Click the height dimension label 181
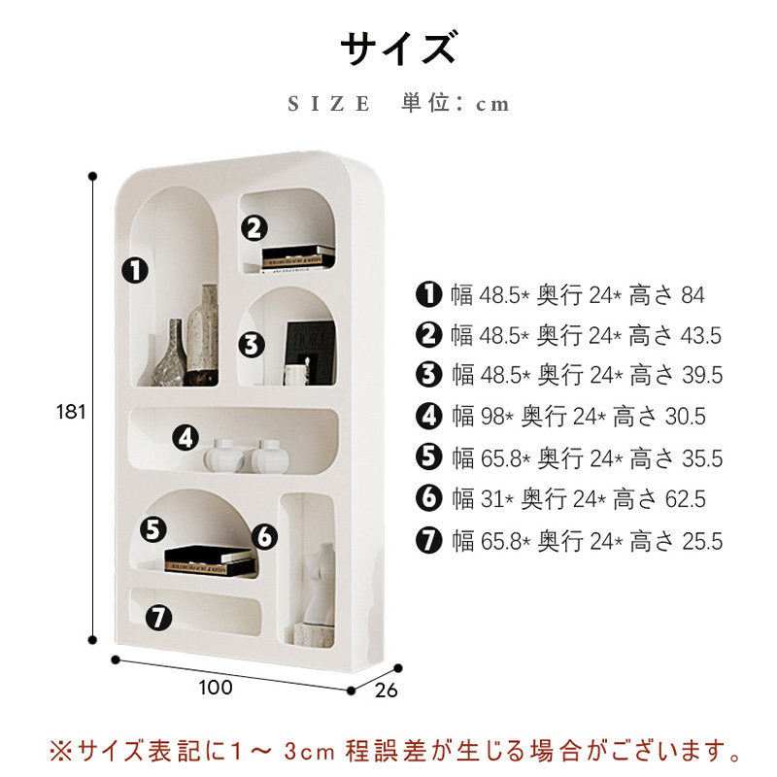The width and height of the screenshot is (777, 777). click(x=71, y=412)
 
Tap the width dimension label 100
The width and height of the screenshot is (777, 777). click(x=216, y=688)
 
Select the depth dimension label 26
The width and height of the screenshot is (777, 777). click(x=386, y=691)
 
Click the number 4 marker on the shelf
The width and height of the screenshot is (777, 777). click(x=186, y=438)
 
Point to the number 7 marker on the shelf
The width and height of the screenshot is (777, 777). click(x=158, y=618)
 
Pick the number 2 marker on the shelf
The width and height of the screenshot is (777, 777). click(x=254, y=228)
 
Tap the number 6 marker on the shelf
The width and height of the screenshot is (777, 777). click(x=264, y=536)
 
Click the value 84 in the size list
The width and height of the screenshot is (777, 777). click(x=693, y=295)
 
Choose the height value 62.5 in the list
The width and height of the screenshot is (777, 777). click(x=686, y=498)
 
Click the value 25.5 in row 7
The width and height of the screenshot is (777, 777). click(x=702, y=541)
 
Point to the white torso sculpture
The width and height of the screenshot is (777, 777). click(x=319, y=584)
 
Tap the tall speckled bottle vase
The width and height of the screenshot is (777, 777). click(x=203, y=334)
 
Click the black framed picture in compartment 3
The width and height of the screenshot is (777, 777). click(x=310, y=353)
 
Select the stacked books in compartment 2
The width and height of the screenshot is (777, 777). click(x=298, y=258)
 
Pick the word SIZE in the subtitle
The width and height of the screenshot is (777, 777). click(x=329, y=104)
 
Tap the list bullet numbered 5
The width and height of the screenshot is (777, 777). click(x=428, y=456)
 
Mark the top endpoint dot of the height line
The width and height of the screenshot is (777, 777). click(x=92, y=176)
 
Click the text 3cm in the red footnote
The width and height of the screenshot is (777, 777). click(x=310, y=751)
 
